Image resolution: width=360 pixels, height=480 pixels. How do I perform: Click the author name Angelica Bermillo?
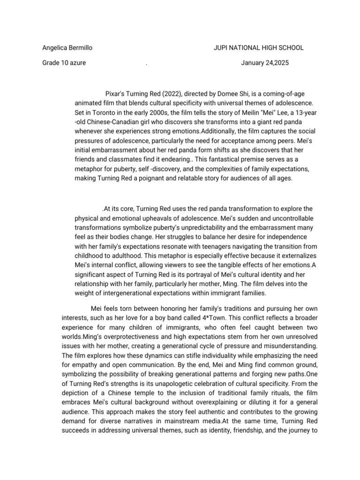click(x=67, y=47)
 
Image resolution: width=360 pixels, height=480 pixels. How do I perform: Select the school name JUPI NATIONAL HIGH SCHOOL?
click(x=258, y=47)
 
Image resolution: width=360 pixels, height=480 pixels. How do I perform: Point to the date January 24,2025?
click(x=262, y=63)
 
